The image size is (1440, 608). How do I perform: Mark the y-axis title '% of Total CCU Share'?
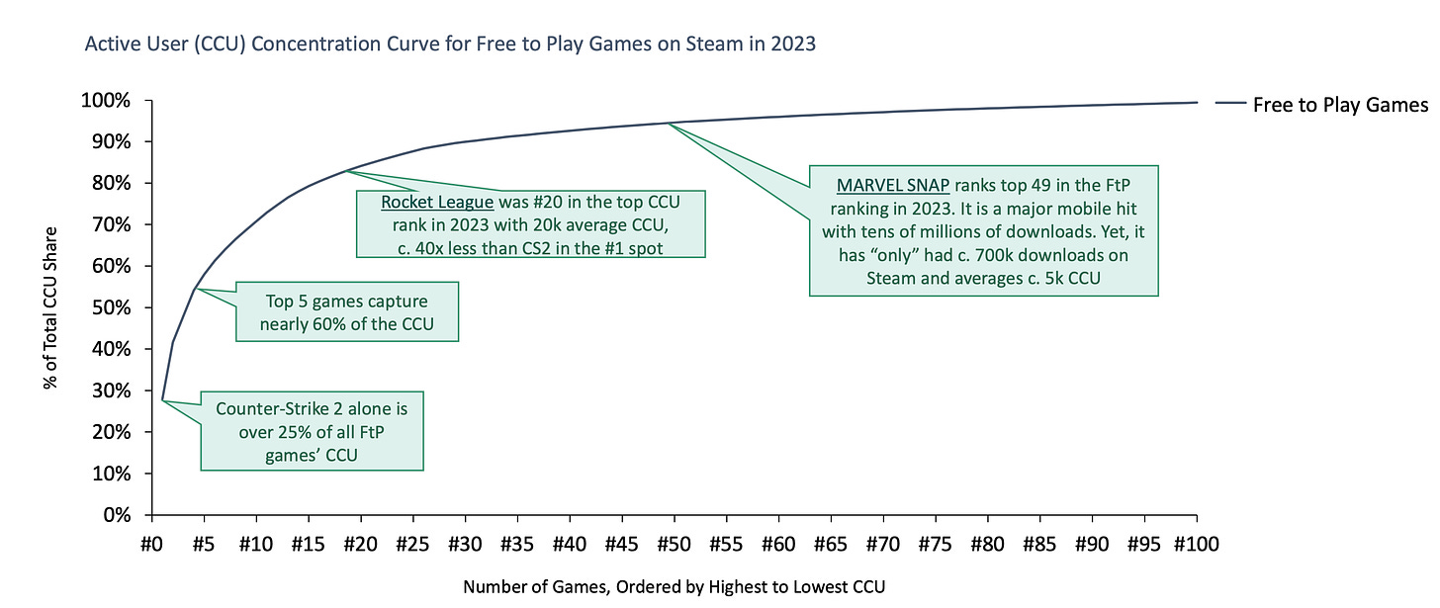[50, 308]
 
